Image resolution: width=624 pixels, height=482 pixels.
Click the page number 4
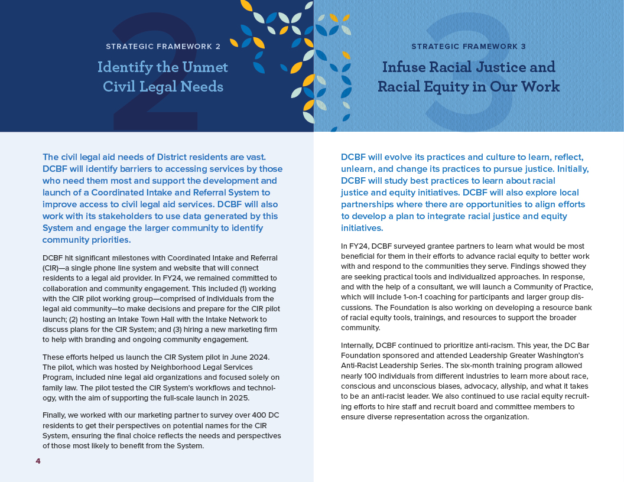(38, 461)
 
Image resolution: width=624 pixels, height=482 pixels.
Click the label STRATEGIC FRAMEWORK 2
(163, 46)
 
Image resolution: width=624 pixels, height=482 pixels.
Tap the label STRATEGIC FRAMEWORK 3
(469, 46)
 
